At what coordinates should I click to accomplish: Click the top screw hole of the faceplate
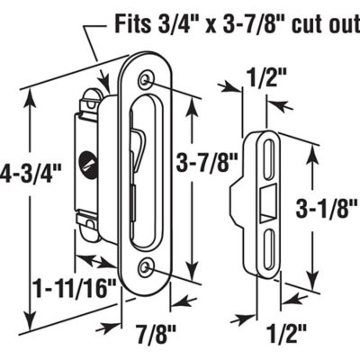[147, 83]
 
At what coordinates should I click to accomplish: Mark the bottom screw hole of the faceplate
[146, 267]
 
